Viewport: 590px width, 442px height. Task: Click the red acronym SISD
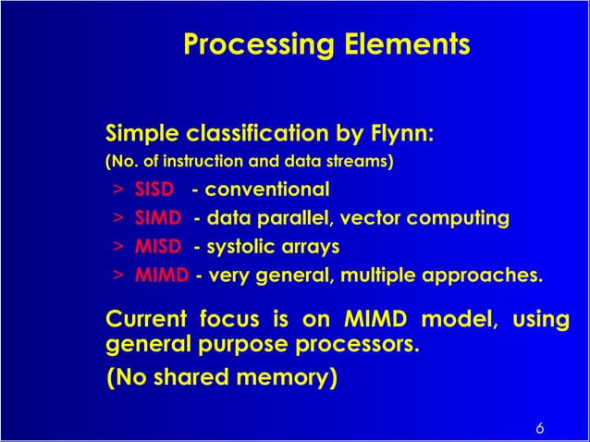tap(154, 190)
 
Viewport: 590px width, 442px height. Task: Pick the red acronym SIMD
tap(157, 218)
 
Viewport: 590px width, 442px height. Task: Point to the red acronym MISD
tap(157, 247)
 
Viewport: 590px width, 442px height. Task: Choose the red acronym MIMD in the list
tap(162, 275)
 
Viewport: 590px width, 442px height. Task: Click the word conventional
tap(266, 190)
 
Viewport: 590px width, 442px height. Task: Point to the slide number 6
tap(539, 428)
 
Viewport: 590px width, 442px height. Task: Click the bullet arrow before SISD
tap(118, 191)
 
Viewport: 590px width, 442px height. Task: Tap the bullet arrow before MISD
tap(118, 248)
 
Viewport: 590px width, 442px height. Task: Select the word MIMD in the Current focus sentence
tap(371, 320)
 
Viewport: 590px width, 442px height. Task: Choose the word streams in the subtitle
tap(363, 163)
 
